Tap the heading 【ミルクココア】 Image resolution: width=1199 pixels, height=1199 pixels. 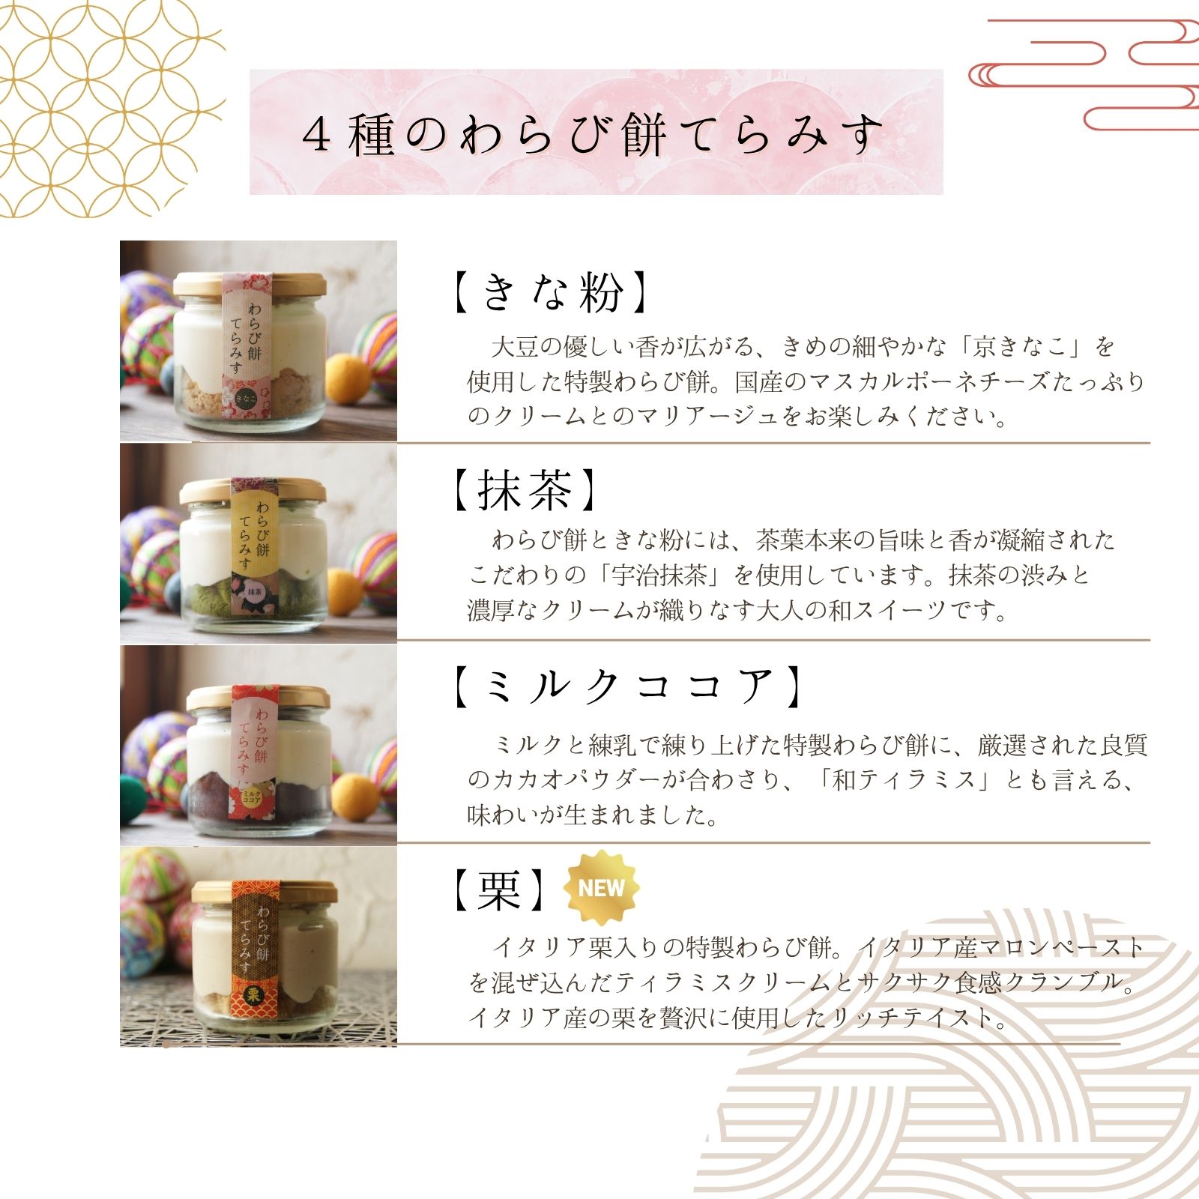point(626,686)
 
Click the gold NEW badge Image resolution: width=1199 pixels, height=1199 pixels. point(601,888)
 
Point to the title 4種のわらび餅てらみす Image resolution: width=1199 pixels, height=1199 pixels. point(592,135)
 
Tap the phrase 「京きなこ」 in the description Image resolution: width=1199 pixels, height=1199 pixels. point(1024,347)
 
